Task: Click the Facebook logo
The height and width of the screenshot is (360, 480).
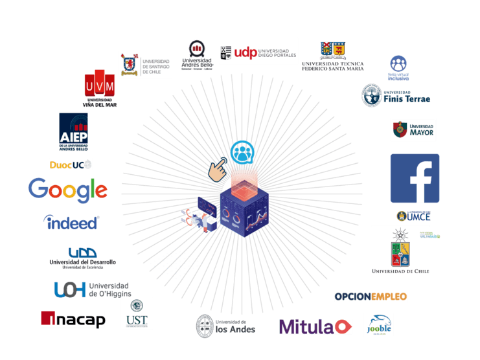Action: [415, 178]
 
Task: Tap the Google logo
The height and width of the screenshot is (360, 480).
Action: [67, 189]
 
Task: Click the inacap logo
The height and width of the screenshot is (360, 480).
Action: [73, 319]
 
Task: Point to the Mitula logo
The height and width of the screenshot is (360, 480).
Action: [315, 326]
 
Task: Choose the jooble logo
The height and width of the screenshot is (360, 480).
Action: [378, 324]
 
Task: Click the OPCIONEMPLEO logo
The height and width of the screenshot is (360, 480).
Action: [371, 296]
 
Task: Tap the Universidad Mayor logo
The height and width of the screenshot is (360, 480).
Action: [413, 130]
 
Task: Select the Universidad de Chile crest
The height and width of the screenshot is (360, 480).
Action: [400, 250]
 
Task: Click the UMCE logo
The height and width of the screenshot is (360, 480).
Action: [413, 216]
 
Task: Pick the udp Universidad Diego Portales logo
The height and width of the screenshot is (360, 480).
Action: [258, 51]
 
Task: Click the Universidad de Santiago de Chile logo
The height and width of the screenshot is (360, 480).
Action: [145, 65]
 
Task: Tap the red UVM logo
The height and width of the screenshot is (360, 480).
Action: [100, 87]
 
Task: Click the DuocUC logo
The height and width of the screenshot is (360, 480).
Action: [71, 164]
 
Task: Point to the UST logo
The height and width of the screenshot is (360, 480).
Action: [137, 313]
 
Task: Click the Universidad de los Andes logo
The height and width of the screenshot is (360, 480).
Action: [225, 325]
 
